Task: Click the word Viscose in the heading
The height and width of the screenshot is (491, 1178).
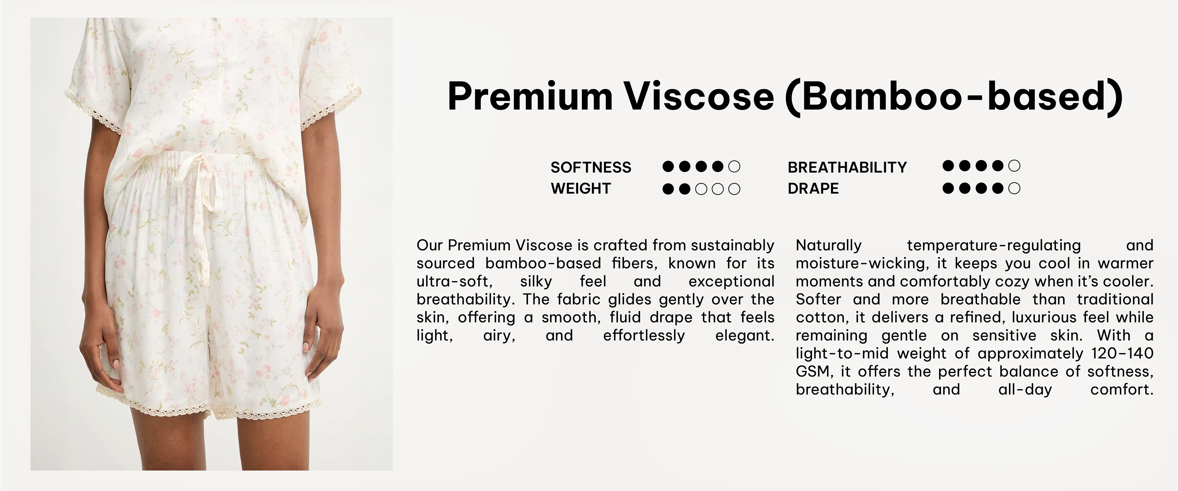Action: [700, 97]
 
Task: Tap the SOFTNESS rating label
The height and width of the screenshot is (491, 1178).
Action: [591, 167]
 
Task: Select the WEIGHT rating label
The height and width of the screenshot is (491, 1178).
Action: [581, 188]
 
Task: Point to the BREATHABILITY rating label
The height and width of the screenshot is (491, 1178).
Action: [847, 167]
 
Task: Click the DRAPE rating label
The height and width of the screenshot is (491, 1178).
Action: [813, 188]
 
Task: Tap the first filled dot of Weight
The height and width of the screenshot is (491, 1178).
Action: [668, 189]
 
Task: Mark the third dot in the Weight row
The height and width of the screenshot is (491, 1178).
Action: [701, 189]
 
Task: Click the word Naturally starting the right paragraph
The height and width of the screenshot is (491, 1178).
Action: [829, 245]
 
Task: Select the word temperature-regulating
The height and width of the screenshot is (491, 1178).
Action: [994, 245]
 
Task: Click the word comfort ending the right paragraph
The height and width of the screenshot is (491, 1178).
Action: [1122, 390]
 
